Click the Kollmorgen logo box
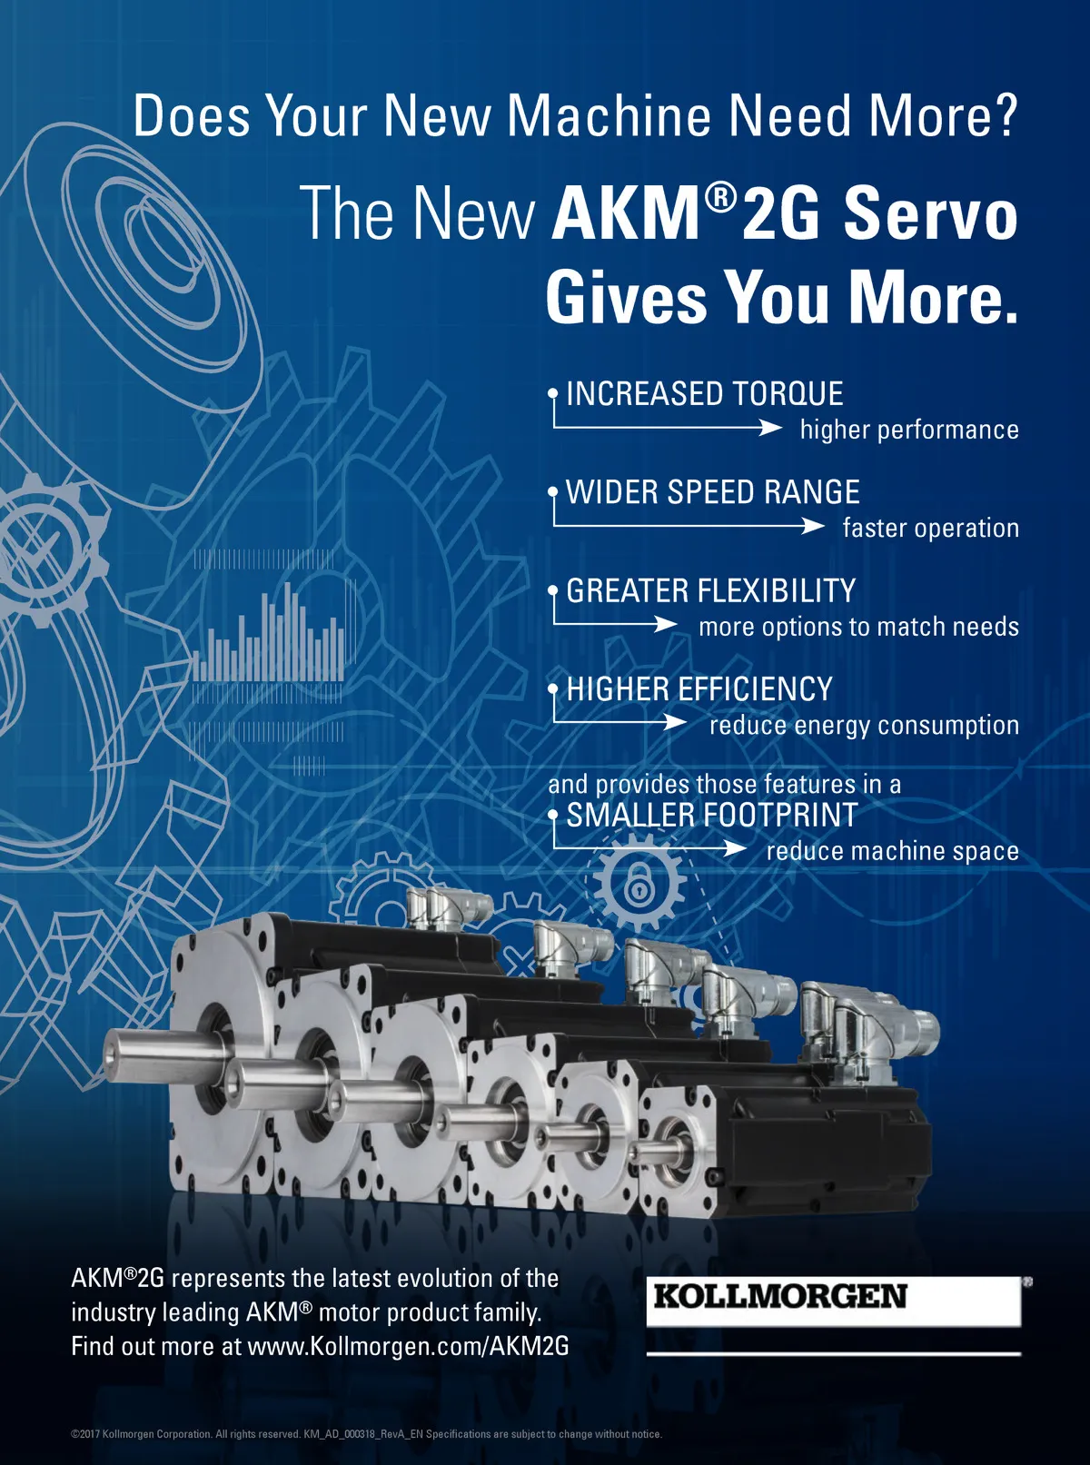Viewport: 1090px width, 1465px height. (834, 1301)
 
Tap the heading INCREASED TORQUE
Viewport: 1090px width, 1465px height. (705, 393)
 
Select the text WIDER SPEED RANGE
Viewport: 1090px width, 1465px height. (713, 492)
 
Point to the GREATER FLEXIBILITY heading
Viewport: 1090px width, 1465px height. (711, 590)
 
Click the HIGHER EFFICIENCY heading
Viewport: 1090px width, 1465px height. (699, 689)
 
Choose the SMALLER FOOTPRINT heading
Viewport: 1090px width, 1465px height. (712, 815)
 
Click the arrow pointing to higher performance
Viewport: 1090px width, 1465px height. (668, 428)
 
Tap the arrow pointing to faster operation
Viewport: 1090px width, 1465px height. (689, 526)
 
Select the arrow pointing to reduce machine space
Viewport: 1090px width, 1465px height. (650, 848)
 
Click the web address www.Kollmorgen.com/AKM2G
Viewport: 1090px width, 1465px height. (408, 1345)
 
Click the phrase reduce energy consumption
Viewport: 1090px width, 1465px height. (864, 726)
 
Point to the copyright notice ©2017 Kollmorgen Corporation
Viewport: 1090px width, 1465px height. (185, 1434)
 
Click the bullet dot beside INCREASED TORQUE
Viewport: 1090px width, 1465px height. (553, 393)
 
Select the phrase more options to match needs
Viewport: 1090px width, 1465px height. (858, 627)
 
